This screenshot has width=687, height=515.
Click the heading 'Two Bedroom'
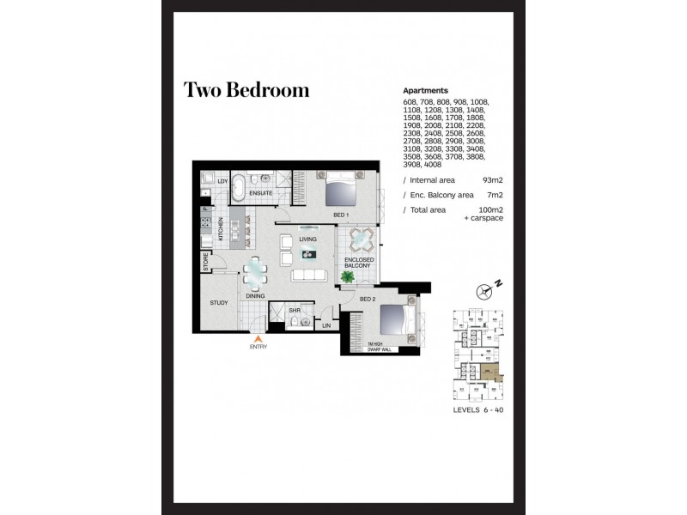pos(246,91)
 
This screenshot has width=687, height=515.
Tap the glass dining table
pos(256,273)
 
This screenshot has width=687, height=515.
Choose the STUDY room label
pos(220,303)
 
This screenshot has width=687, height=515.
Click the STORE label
pos(206,261)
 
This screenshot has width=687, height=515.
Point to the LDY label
pos(222,182)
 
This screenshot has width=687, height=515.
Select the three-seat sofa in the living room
pos(310,276)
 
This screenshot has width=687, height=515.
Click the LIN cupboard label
pos(326,325)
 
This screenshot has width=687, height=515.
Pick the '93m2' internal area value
pos(492,181)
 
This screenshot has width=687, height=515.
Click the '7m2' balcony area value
pos(495,196)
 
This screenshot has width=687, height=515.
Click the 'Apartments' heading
pos(426,90)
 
